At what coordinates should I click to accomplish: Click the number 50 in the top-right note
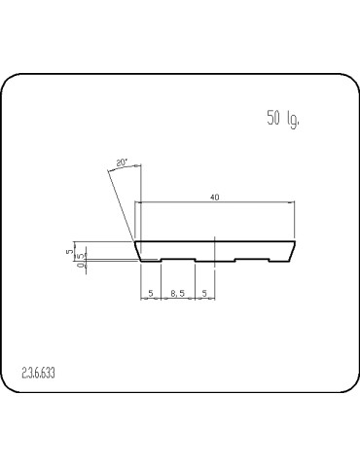pos(273,120)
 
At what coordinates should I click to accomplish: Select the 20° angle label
pos(122,162)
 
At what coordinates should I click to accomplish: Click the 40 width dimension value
pos(214,198)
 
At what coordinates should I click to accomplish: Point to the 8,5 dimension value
pos(178,292)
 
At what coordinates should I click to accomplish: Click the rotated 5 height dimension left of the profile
pos(70,251)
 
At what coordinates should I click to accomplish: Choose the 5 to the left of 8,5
pos(151,292)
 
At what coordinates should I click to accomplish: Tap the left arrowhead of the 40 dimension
pos(138,202)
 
